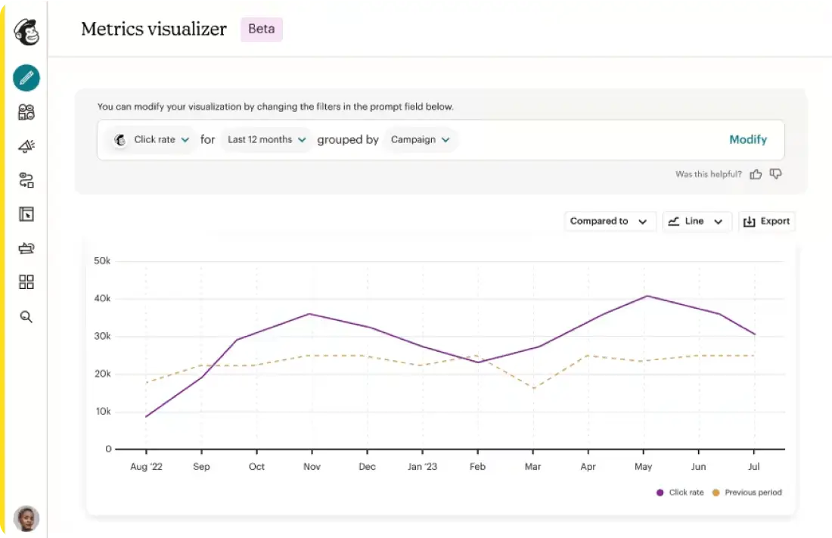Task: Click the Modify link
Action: point(747,140)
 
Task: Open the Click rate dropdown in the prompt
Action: point(153,140)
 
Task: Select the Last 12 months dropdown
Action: point(266,140)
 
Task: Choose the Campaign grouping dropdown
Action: point(420,140)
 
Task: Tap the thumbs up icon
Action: point(756,174)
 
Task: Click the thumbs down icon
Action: point(776,174)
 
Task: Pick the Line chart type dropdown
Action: point(697,221)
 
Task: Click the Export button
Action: point(767,221)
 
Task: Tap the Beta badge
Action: point(262,29)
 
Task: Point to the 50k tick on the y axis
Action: point(102,261)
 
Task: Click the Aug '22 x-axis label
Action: point(147,466)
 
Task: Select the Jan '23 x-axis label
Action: point(422,466)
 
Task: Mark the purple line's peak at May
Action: point(647,296)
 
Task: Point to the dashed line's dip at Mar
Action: point(533,387)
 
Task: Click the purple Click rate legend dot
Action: point(660,493)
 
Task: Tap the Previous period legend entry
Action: point(747,493)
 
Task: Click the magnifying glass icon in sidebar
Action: point(26,317)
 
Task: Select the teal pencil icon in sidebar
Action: point(26,78)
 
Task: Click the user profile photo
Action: point(26,518)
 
